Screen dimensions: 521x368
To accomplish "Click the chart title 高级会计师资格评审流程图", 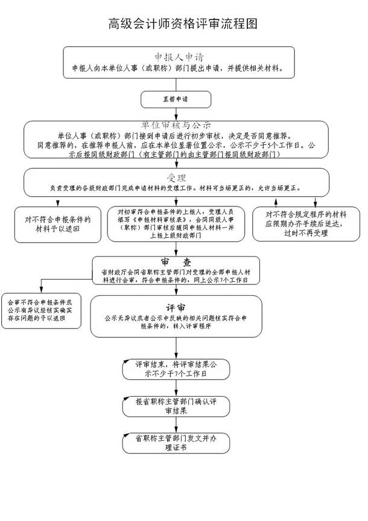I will [x=183, y=24].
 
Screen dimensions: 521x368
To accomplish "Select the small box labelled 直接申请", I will [x=176, y=97].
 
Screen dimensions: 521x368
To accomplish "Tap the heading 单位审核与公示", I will [x=176, y=125].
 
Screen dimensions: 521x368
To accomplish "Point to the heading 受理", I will [x=176, y=177].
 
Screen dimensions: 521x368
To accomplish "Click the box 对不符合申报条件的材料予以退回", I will [x=57, y=224].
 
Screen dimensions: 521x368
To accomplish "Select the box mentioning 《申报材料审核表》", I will [x=176, y=224].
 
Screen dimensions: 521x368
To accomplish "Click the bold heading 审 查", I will [x=176, y=262].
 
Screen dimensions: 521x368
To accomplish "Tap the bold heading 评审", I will [x=176, y=306].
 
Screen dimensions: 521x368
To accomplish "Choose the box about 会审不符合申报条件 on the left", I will [x=40, y=310].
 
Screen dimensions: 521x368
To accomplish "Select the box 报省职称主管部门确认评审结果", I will [x=176, y=406].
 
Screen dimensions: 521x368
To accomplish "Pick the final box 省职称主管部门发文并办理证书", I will [x=176, y=443].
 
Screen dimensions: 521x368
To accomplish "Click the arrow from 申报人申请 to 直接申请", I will [x=176, y=84].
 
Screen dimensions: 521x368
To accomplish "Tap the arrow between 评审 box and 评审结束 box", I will [x=176, y=347].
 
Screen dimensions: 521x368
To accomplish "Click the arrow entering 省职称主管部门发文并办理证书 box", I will [x=176, y=426].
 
